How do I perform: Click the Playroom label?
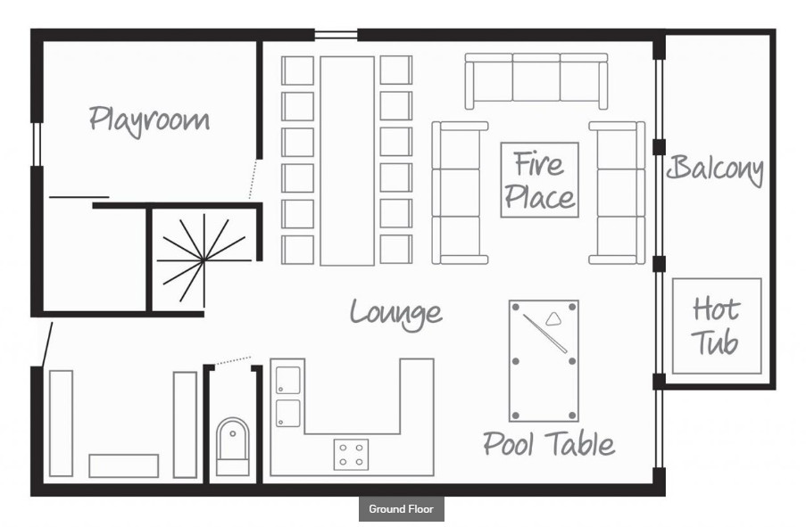click(x=149, y=120)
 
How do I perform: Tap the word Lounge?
click(x=395, y=313)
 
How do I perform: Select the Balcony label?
click(x=715, y=170)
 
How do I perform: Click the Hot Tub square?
click(x=717, y=326)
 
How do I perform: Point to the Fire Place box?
click(x=540, y=180)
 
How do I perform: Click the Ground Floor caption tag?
click(x=401, y=509)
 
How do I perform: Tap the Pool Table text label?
click(x=548, y=444)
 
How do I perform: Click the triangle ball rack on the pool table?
click(x=553, y=319)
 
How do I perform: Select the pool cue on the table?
click(x=544, y=333)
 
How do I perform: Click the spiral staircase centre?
click(x=204, y=260)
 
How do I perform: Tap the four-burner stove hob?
click(x=351, y=455)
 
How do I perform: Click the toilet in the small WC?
click(x=232, y=446)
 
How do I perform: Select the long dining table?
click(x=347, y=161)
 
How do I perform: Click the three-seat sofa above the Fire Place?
click(x=536, y=81)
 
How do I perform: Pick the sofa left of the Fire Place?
click(x=460, y=193)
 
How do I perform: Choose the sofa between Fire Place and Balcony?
click(x=617, y=193)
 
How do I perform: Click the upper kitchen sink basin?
click(x=288, y=380)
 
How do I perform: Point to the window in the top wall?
click(x=336, y=35)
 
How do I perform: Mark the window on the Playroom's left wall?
click(x=37, y=144)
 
